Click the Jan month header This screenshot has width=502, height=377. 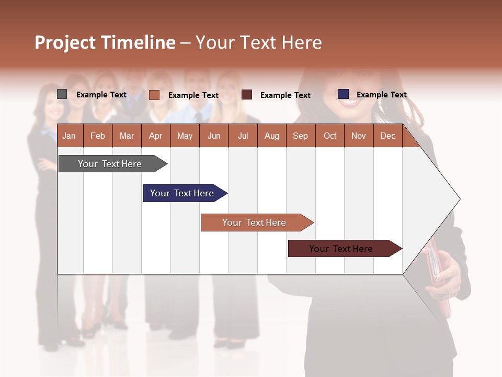pyautogui.click(x=69, y=136)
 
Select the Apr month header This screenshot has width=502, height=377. pyautogui.click(x=155, y=136)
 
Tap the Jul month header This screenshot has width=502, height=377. pyautogui.click(x=243, y=136)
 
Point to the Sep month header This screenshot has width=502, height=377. pyautogui.click(x=300, y=136)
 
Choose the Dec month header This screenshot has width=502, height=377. pyautogui.click(x=387, y=136)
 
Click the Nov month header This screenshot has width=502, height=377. pyautogui.click(x=358, y=136)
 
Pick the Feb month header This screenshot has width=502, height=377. pyautogui.click(x=98, y=136)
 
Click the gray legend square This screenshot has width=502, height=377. pyautogui.click(x=62, y=94)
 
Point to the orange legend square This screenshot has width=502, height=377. pyautogui.click(x=154, y=95)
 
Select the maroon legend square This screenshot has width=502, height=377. pyautogui.click(x=247, y=94)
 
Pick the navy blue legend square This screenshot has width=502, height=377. pyautogui.click(x=343, y=94)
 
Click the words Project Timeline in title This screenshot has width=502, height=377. pyautogui.click(x=105, y=42)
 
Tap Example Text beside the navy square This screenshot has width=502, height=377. pyautogui.click(x=381, y=95)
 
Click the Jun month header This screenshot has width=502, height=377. pyautogui.click(x=213, y=136)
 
